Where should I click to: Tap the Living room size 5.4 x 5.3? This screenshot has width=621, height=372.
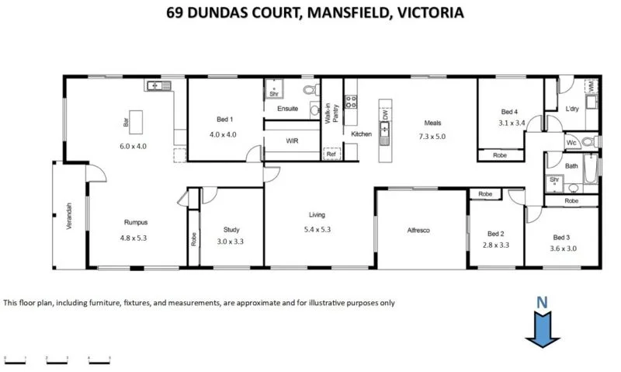coord(317,229)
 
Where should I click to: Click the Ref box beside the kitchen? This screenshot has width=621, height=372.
coord(331,155)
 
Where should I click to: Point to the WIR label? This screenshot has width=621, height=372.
coord(292,141)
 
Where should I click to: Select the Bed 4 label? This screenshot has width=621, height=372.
coord(509,111)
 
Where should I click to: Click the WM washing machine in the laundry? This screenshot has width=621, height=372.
coord(592,87)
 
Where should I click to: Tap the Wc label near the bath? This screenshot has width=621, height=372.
coord(571,143)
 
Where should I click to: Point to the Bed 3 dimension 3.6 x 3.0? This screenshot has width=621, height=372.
coord(564,248)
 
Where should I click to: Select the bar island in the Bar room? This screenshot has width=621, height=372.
coord(137,121)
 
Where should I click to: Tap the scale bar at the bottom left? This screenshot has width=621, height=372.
coord(58,358)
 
